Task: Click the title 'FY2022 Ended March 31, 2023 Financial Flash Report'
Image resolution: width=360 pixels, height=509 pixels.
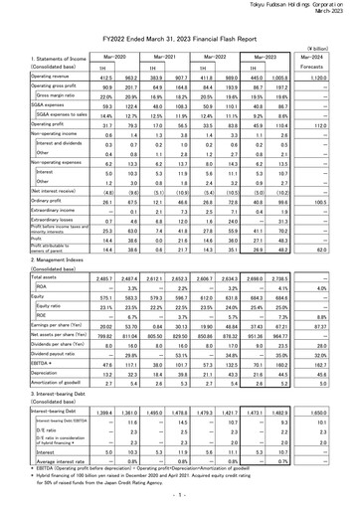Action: click(180, 33)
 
